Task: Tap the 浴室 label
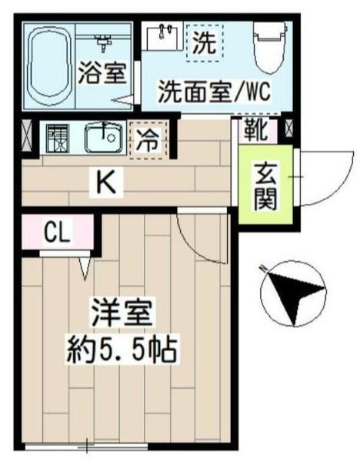(102, 75)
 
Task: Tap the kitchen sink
(102, 139)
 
